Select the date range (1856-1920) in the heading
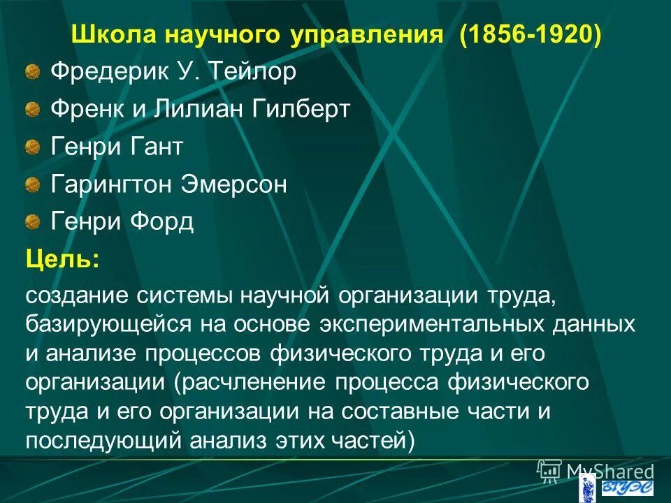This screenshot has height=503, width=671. [x=530, y=35]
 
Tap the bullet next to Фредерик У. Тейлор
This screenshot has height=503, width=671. [x=34, y=72]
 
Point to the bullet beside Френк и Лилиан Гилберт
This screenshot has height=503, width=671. [x=34, y=110]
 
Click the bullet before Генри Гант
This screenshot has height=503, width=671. [x=34, y=147]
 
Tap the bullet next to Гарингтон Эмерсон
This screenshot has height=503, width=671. [x=34, y=185]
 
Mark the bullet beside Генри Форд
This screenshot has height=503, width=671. [x=34, y=223]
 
